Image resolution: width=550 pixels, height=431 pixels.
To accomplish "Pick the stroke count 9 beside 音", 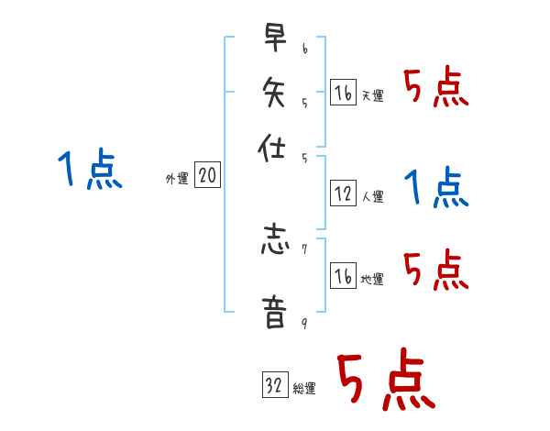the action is pyautogui.click(x=304, y=322).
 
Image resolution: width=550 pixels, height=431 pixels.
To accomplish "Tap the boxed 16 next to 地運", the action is pyautogui.click(x=343, y=276).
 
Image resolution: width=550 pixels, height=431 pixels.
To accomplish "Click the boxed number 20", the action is pyautogui.click(x=207, y=176).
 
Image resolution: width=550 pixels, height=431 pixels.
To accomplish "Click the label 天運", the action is pyautogui.click(x=372, y=95).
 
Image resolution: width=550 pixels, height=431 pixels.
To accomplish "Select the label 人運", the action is pyautogui.click(x=372, y=196).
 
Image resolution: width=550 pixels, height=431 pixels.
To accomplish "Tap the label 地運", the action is pyautogui.click(x=372, y=280).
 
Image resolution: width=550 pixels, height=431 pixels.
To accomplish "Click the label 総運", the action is pyautogui.click(x=304, y=389).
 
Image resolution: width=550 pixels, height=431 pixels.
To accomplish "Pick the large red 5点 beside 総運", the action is pyautogui.click(x=384, y=381).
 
